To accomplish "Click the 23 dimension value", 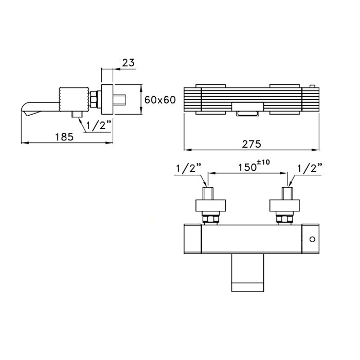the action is (129, 62).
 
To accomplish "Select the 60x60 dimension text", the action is (160, 100).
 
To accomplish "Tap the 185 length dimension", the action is (64, 137).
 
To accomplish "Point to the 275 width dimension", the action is (251, 144).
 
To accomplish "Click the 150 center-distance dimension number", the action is (247, 167).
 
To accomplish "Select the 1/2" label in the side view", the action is (99, 125).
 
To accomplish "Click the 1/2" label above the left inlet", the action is (189, 168).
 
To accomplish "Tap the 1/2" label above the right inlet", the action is (310, 168).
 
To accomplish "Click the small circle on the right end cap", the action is (312, 239).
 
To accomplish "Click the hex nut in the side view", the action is (94, 99).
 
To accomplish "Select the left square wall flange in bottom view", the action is (210, 206).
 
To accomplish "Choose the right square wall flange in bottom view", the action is (284, 206).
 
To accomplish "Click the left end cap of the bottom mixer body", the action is (193, 239).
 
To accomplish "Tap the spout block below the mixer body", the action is (247, 273).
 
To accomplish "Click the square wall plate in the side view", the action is (107, 99).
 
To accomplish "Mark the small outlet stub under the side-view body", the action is (78, 114).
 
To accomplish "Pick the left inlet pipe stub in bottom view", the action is (208, 193).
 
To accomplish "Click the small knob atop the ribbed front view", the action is (312, 86).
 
